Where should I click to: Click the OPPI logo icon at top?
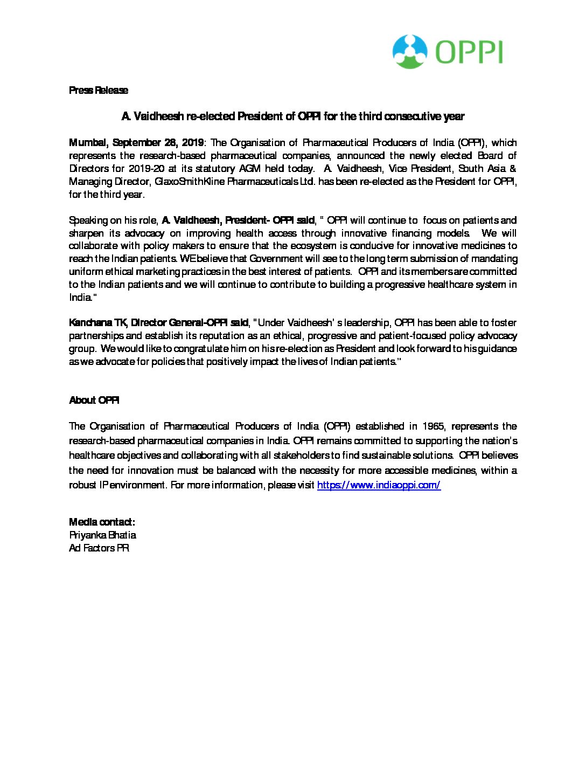click(410, 52)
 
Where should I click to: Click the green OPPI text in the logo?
click(469, 53)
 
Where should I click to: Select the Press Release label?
click(99, 90)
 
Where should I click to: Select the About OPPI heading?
click(94, 400)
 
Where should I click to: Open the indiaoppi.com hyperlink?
click(379, 485)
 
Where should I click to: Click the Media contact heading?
click(102, 522)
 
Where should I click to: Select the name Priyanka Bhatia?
click(102, 535)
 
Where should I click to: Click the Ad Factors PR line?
click(99, 548)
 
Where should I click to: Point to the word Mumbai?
click(88, 143)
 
